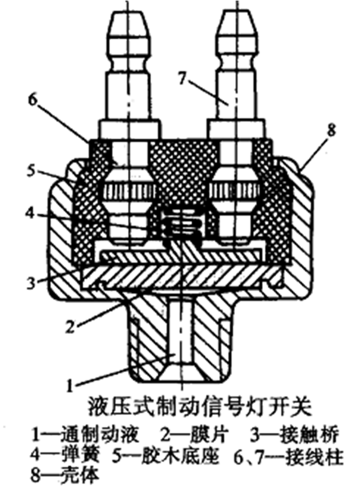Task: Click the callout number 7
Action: click(x=182, y=78)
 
